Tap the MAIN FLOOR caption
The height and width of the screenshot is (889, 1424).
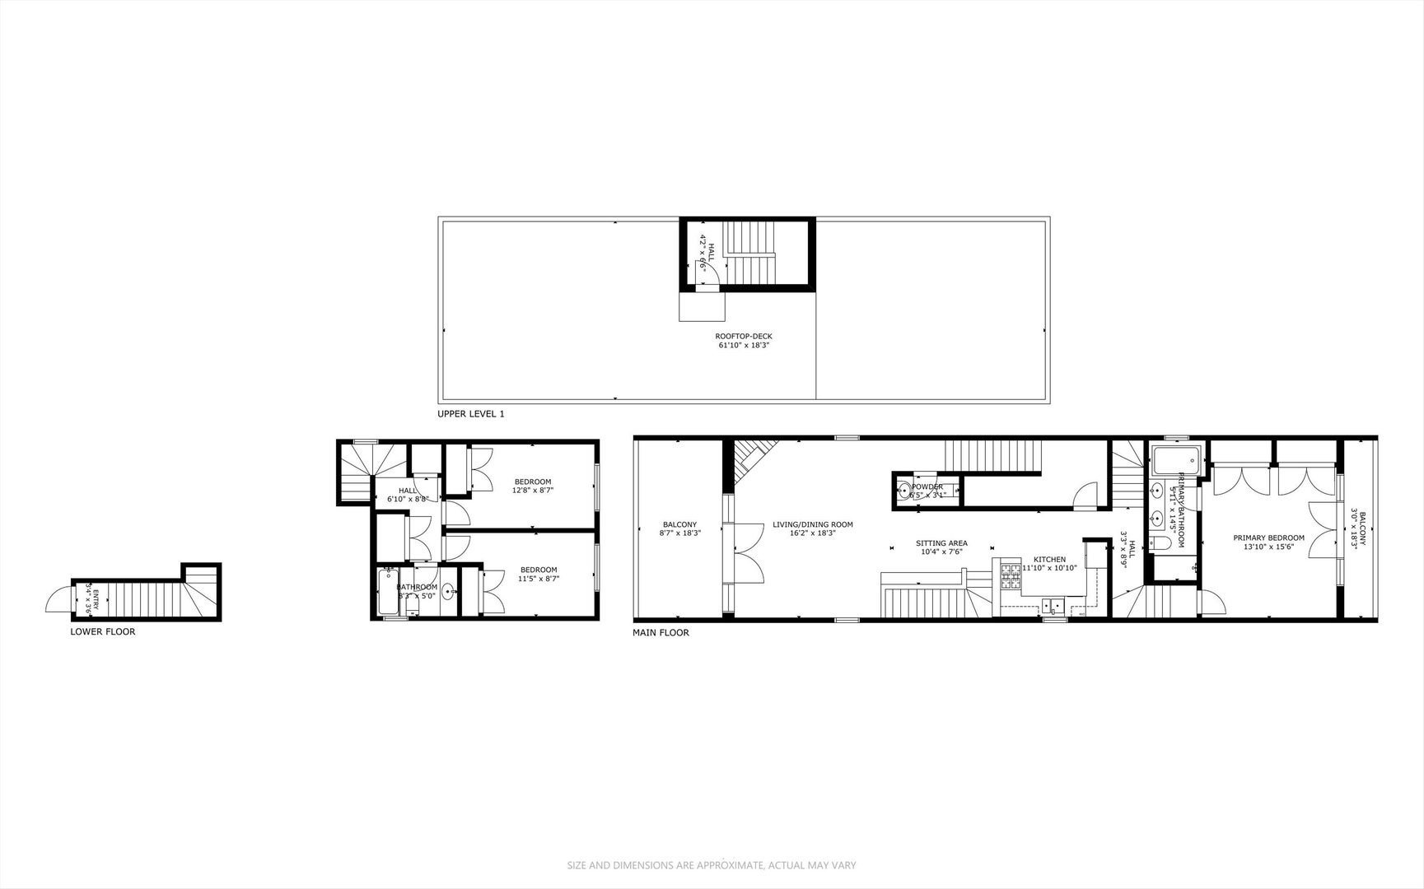(661, 633)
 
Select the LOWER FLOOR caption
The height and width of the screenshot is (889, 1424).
(103, 632)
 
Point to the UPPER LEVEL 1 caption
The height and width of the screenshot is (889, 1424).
(470, 414)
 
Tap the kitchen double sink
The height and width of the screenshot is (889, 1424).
(1053, 607)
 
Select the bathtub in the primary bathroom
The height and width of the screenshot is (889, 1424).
(1176, 461)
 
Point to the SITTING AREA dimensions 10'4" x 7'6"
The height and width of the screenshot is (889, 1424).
(941, 552)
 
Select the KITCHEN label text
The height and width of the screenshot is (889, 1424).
(1049, 560)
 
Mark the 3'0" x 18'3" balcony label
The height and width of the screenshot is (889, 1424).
(1357, 527)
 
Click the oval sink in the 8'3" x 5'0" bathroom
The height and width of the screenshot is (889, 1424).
(448, 591)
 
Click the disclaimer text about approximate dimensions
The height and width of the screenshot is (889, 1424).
(712, 865)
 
